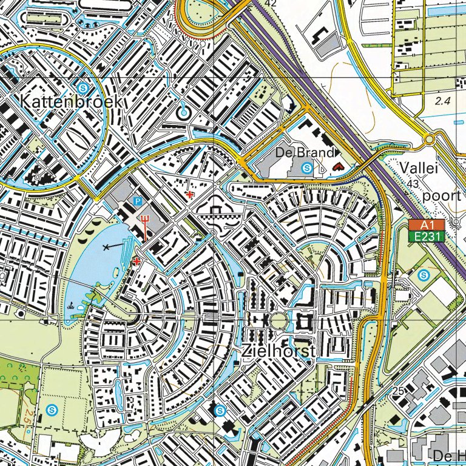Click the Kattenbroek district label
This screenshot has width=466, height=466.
71,101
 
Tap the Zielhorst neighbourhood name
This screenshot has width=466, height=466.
279,352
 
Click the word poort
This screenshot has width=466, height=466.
442,195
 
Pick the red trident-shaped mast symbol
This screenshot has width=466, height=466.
146,220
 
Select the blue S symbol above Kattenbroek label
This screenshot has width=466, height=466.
82,86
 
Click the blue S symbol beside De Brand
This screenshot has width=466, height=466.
307,167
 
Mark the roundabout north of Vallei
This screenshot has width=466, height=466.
430,140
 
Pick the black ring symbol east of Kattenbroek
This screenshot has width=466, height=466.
183,112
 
